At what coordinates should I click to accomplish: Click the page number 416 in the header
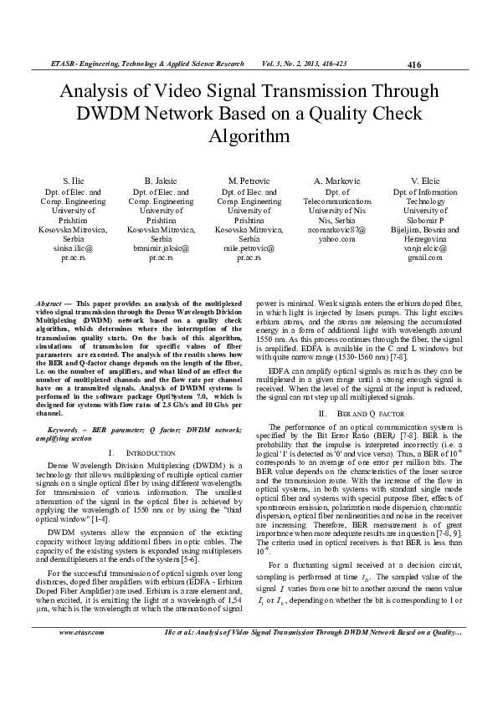click(413, 64)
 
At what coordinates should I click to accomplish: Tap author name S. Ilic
click(73, 181)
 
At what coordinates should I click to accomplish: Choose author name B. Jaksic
click(161, 181)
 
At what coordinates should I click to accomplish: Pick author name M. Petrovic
click(249, 181)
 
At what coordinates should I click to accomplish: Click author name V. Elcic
click(425, 181)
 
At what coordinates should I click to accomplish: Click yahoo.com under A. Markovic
click(336, 238)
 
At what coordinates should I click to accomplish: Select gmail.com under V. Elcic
click(425, 258)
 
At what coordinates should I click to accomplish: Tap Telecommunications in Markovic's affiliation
click(336, 202)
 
